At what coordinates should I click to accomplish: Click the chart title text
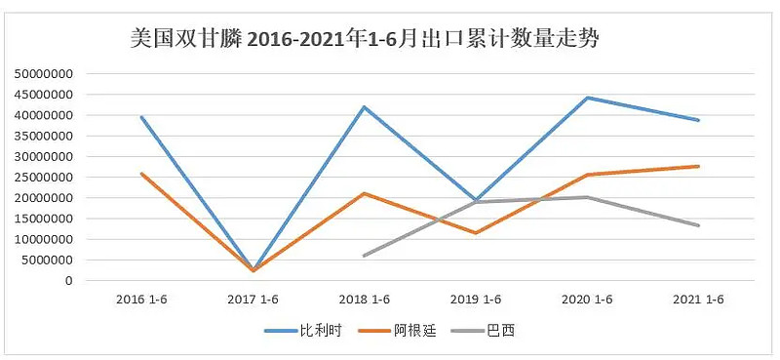[364, 40]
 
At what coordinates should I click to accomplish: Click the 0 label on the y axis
[69, 281]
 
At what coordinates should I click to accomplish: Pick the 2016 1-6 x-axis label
[141, 300]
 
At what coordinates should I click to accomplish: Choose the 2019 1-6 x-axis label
[476, 300]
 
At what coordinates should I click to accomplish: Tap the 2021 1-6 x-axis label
[699, 300]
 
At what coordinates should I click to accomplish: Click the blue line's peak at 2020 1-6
[588, 98]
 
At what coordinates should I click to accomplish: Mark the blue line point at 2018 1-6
[365, 107]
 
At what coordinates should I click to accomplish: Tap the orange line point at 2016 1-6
[142, 174]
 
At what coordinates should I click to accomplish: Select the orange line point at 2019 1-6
[476, 233]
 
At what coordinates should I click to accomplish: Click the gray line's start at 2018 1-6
[365, 256]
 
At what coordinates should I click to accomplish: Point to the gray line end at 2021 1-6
[699, 225]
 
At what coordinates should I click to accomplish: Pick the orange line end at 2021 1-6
[699, 166]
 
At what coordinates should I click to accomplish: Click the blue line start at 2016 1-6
[142, 117]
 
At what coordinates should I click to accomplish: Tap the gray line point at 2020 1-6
[588, 197]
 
